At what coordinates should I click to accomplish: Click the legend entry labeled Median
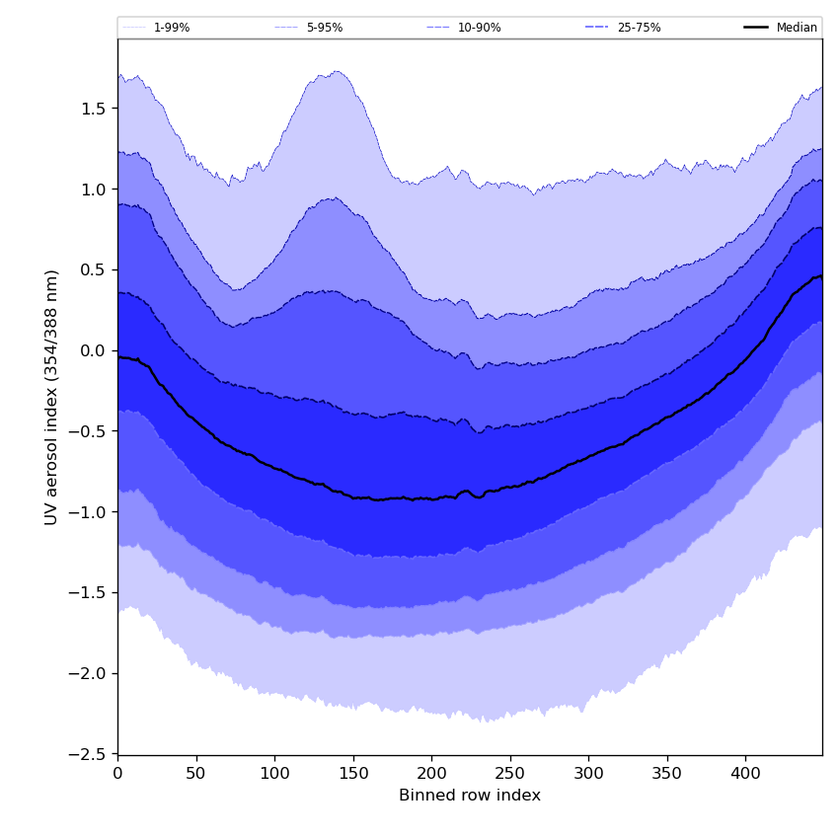797,28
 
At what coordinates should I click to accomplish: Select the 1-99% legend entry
171,28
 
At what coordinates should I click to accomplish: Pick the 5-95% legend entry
324,28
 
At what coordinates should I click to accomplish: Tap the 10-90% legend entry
479,28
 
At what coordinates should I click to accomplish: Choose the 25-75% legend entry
639,28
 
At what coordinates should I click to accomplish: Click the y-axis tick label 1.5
94,109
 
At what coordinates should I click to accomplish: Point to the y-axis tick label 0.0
94,350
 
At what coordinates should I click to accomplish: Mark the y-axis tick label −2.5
88,754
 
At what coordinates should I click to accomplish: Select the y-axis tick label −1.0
88,512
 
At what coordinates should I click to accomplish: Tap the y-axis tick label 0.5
94,269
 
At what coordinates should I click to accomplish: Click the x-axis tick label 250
510,774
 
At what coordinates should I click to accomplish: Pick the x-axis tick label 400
745,774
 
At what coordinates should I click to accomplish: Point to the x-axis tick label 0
117,774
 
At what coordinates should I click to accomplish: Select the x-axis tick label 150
353,774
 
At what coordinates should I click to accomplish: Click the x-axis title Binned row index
470,796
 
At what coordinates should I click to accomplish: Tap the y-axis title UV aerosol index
52,397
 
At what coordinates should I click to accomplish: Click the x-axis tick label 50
196,774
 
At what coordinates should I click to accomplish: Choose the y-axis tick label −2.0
88,673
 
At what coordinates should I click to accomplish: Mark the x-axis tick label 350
667,774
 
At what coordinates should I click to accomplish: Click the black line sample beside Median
757,28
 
